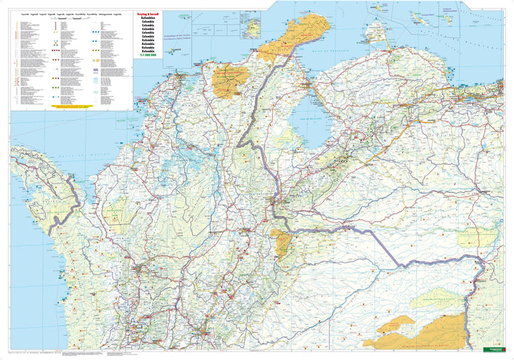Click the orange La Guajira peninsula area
tap(293, 39)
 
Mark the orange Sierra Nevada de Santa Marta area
tap(231, 81)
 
